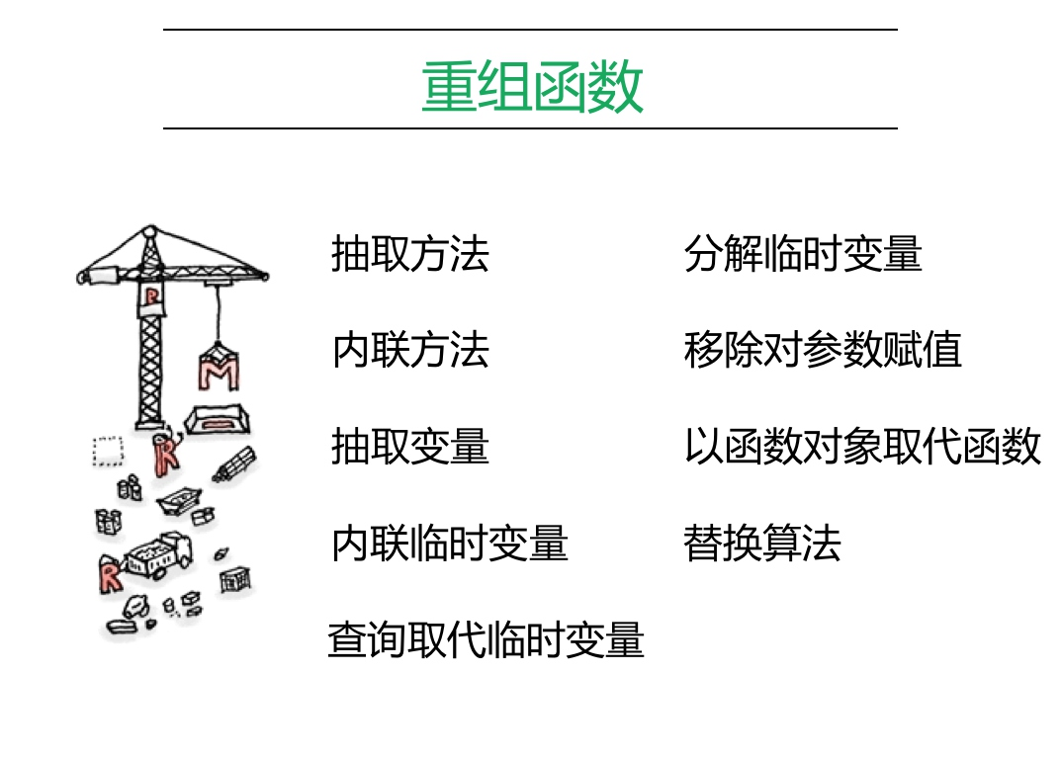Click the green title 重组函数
tap(532, 87)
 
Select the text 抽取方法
tap(409, 254)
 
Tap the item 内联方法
tap(409, 351)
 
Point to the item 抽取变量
tap(409, 447)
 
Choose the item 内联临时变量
tap(449, 544)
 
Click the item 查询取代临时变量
tap(486, 639)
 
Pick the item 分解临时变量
tap(802, 254)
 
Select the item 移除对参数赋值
tap(822, 351)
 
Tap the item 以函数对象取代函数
tap(861, 447)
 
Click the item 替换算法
tap(761, 544)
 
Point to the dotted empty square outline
tap(106, 451)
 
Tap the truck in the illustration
tap(159, 554)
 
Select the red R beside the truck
tap(110, 574)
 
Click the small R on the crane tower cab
tap(150, 296)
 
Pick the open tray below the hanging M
tap(217, 419)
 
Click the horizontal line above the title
tap(530, 30)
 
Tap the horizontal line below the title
tap(530, 128)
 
